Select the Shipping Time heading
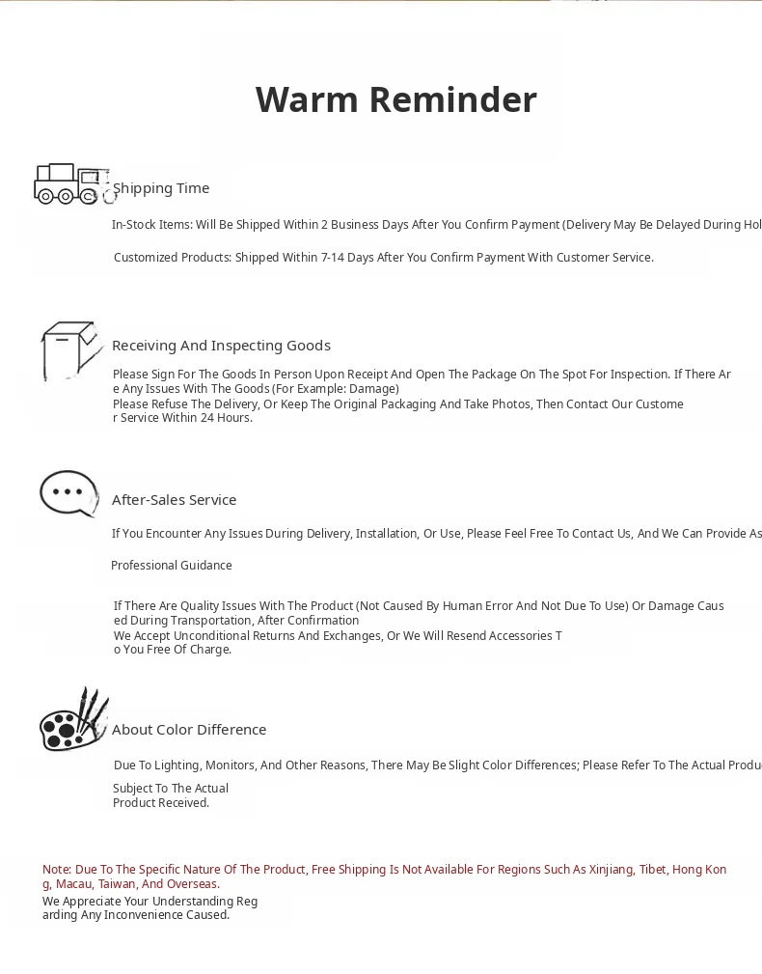[x=161, y=188]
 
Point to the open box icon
[x=71, y=349]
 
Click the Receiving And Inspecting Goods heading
[x=221, y=346]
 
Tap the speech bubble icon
[x=69, y=493]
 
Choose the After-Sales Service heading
[x=174, y=500]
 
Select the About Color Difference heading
[x=189, y=730]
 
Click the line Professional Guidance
[x=172, y=566]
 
